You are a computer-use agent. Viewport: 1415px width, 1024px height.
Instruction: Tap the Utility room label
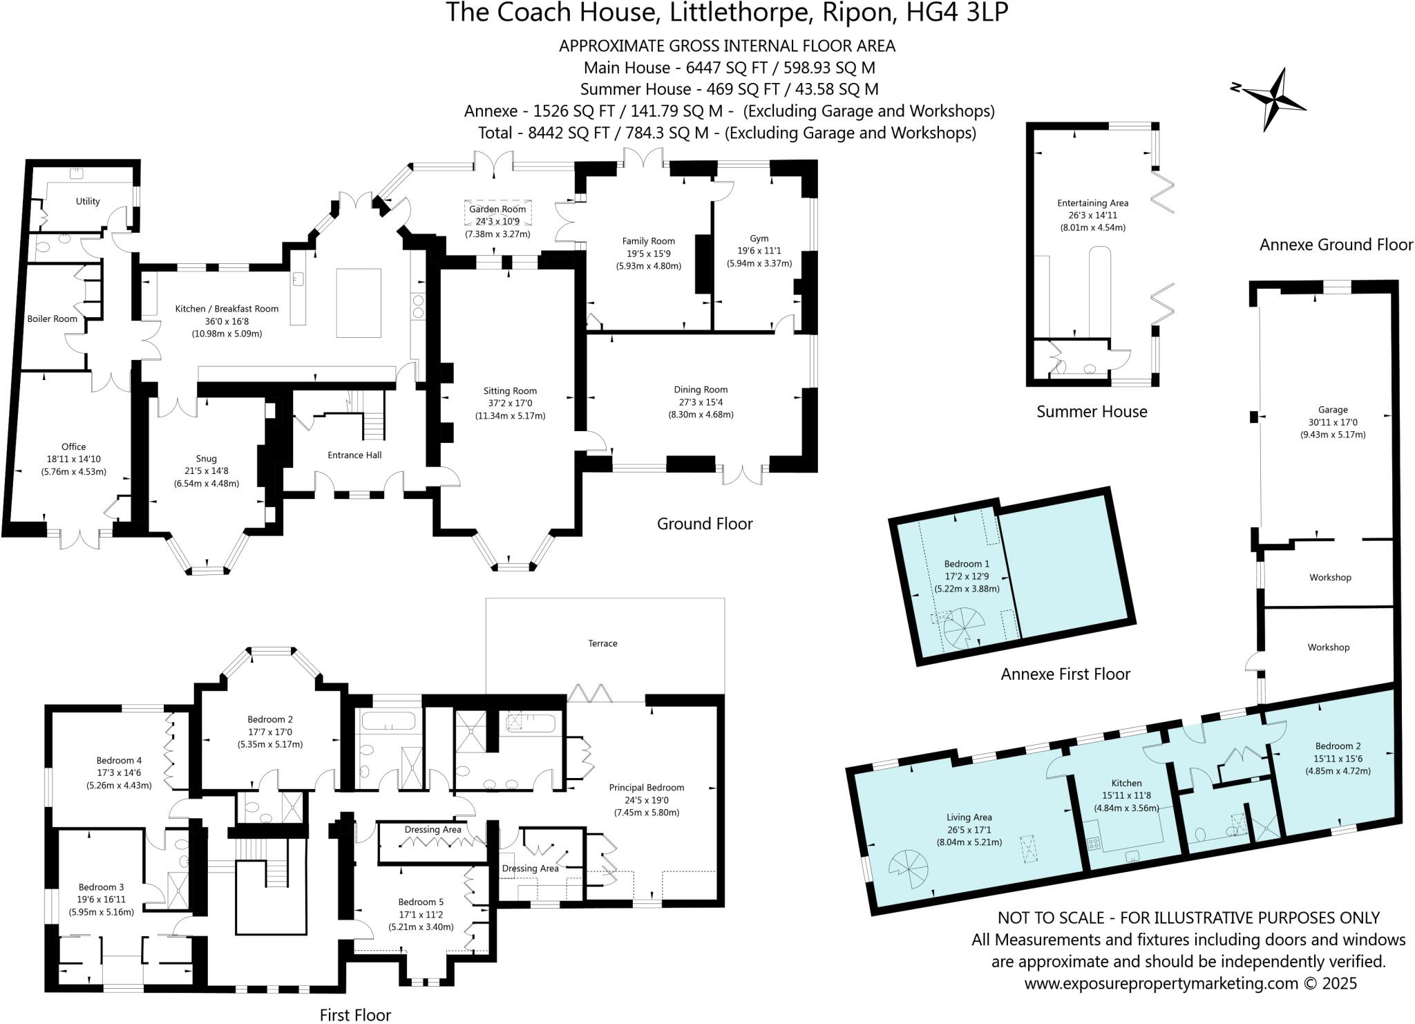[x=88, y=201]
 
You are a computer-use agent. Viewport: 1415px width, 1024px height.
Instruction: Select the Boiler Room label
[x=52, y=319]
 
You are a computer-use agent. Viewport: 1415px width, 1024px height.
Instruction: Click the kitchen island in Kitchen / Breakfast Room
[x=359, y=303]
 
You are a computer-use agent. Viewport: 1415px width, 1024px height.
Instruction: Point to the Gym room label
[x=759, y=238]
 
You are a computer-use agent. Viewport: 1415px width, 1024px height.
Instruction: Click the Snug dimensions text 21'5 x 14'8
[x=206, y=471]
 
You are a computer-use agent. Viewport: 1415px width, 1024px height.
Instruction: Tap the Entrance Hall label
[x=354, y=455]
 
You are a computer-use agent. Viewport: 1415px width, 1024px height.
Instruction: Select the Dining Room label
[x=701, y=390]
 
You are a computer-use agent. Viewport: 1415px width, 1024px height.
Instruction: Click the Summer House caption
[x=1092, y=412]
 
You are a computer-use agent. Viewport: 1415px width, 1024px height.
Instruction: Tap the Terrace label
[x=602, y=643]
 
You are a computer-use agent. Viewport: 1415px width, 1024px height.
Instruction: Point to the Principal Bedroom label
[x=646, y=787]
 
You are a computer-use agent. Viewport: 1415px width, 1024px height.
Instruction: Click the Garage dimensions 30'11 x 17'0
[x=1332, y=422]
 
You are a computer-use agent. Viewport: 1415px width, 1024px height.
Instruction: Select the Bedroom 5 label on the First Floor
[x=421, y=902]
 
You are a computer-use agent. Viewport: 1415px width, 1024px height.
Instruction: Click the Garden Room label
[x=497, y=209]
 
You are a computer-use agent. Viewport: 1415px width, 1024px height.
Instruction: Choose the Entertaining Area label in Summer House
[x=1092, y=202]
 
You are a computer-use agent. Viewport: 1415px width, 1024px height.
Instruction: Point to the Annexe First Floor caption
[x=1065, y=674]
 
